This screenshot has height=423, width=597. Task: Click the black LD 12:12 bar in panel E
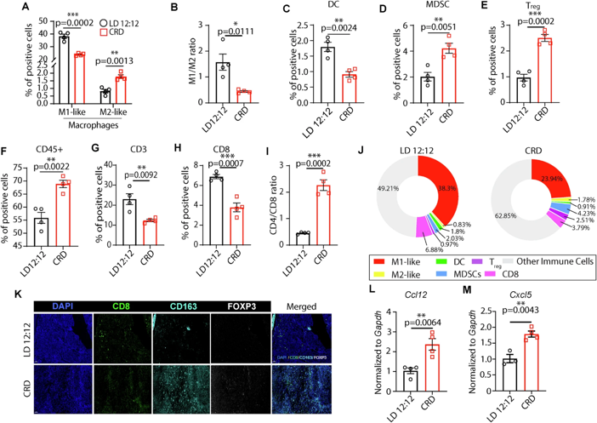(525, 92)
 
